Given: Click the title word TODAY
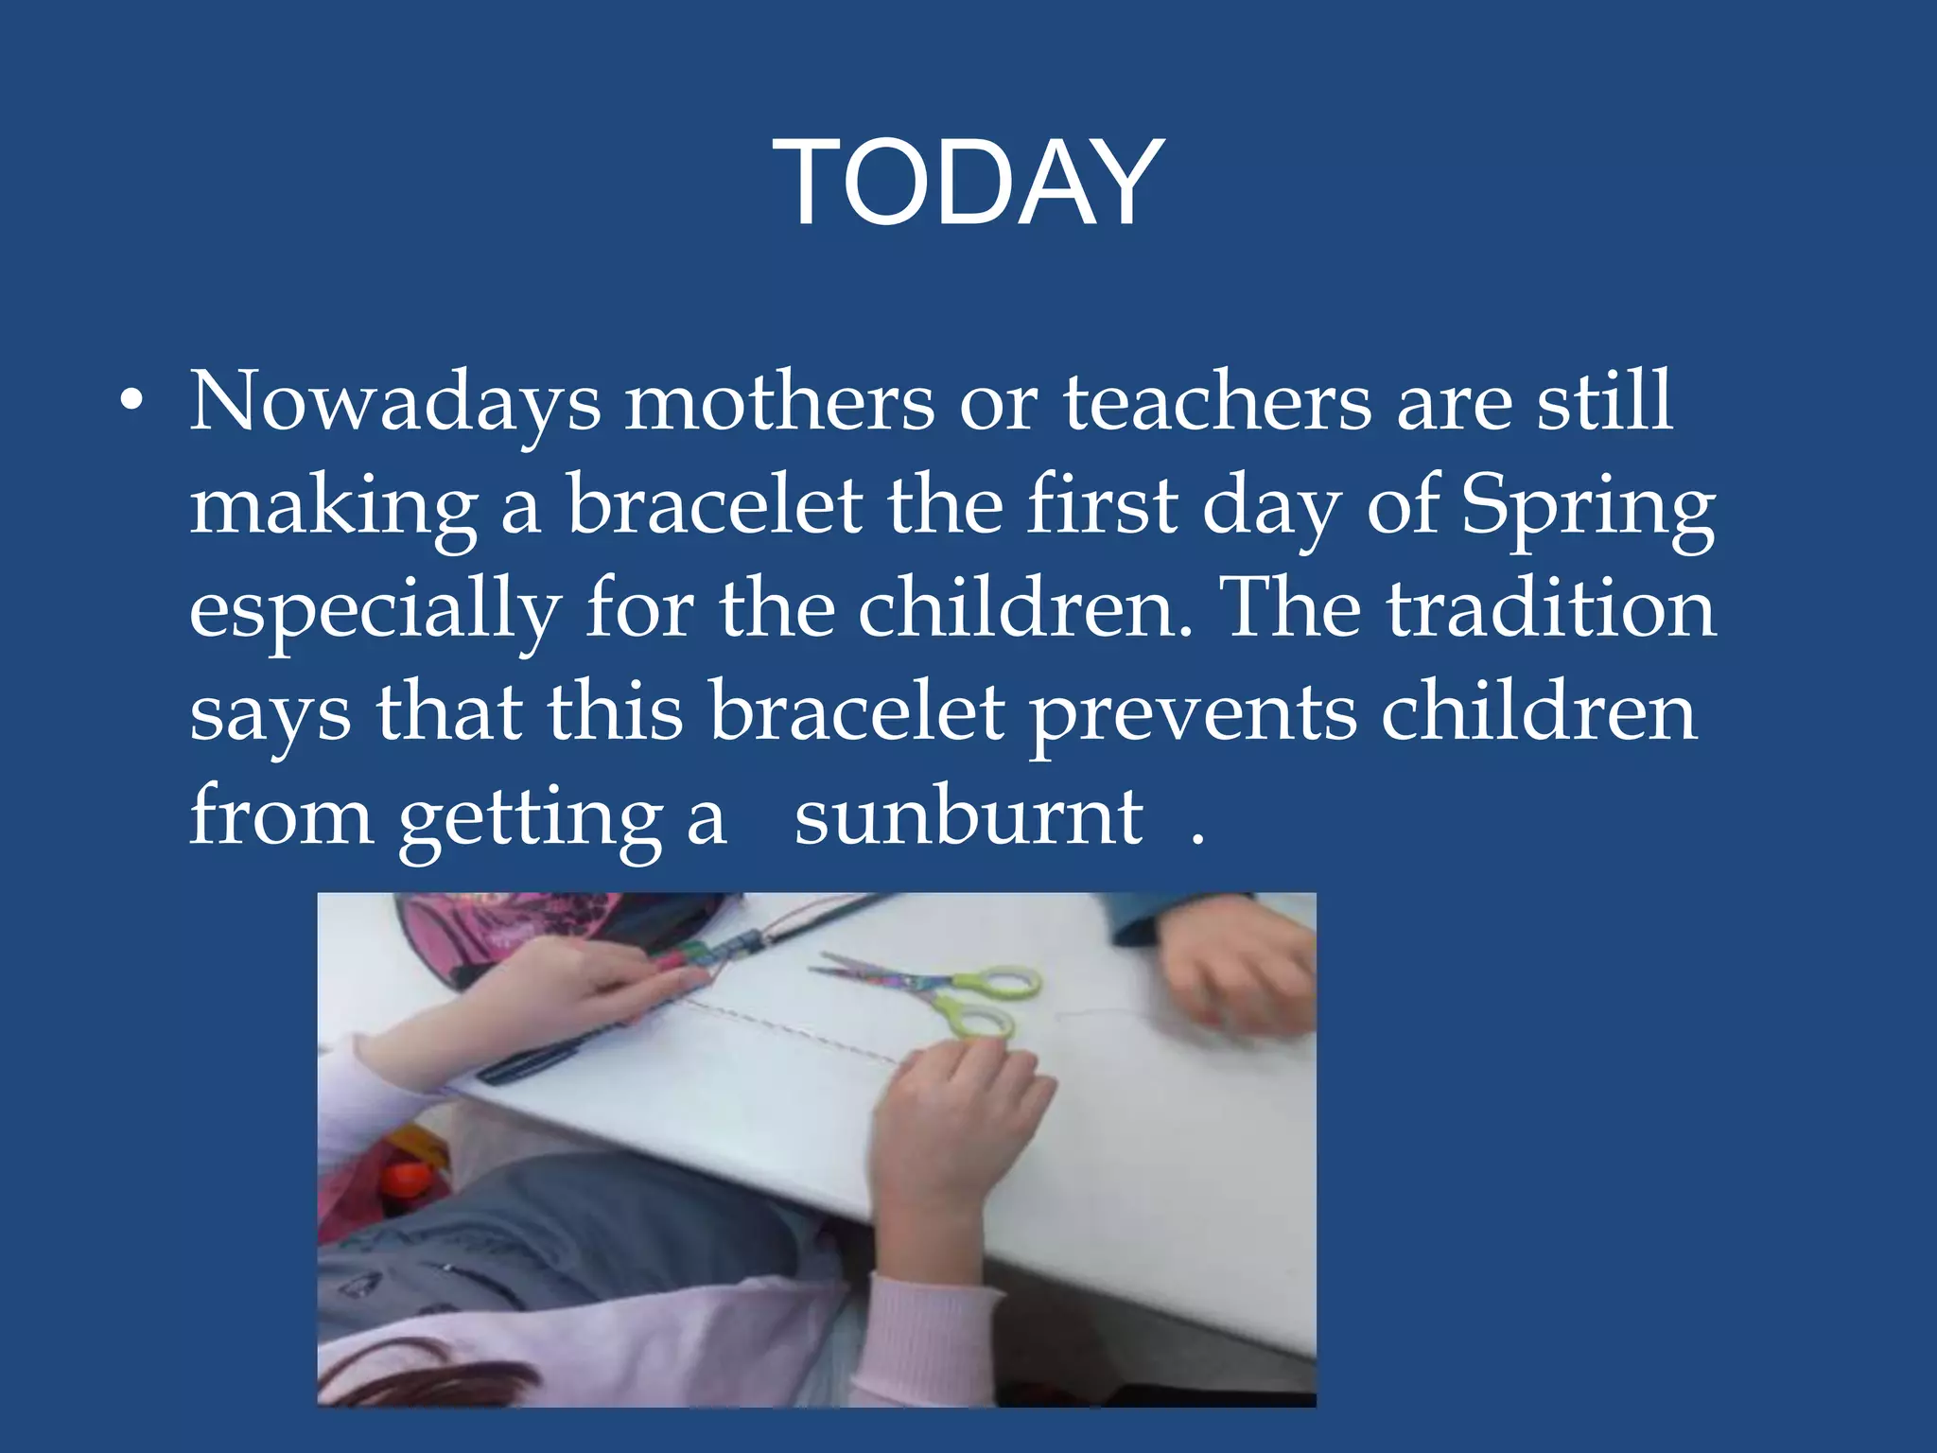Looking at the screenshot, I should (x=968, y=182).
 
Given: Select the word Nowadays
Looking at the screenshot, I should (x=394, y=402).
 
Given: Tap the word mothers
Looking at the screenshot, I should (x=779, y=402).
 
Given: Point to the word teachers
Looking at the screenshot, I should (x=1217, y=402).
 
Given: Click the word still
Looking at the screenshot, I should (x=1604, y=402).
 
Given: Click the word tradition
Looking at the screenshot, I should (x=1551, y=610).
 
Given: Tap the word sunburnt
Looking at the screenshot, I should (x=968, y=817).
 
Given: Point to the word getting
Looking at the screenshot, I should (x=531, y=819).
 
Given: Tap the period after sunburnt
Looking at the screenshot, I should (x=1197, y=838).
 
